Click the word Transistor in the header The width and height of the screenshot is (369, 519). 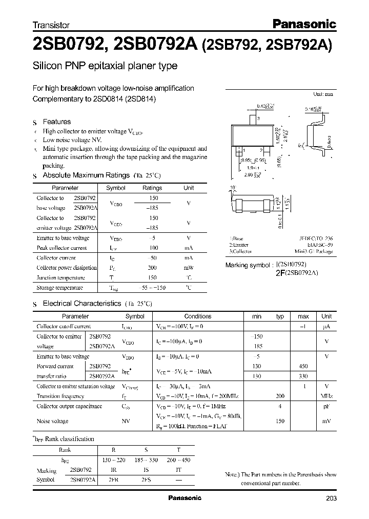tap(51, 25)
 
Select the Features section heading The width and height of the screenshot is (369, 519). tap(56, 122)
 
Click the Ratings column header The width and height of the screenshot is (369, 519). tap(152, 188)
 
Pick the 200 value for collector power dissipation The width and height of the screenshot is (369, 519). tap(152, 268)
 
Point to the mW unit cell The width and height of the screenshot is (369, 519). tap(189, 268)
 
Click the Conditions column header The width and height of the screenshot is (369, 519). tap(198, 316)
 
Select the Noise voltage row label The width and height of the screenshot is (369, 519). tap(52, 421)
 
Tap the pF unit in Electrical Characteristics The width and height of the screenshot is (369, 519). tap(326, 406)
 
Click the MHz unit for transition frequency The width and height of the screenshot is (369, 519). tap(326, 396)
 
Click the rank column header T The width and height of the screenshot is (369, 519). tap(178, 450)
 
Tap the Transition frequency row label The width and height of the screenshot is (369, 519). tap(60, 396)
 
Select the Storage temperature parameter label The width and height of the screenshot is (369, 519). tap(60, 288)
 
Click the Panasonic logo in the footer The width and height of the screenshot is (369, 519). tap(185, 498)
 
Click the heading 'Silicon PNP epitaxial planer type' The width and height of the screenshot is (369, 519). tap(105, 66)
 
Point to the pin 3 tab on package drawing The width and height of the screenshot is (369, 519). tap(253, 119)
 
